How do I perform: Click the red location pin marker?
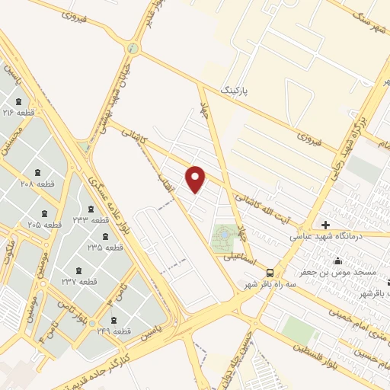tap(196, 179)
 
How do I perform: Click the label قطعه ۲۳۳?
tap(92, 219)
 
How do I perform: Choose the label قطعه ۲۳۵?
tap(105, 248)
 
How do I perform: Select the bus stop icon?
tap(269, 273)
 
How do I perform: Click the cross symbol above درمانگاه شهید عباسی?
tap(325, 225)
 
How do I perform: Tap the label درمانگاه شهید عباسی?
tap(328, 237)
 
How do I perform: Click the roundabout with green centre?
tap(134, 48)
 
